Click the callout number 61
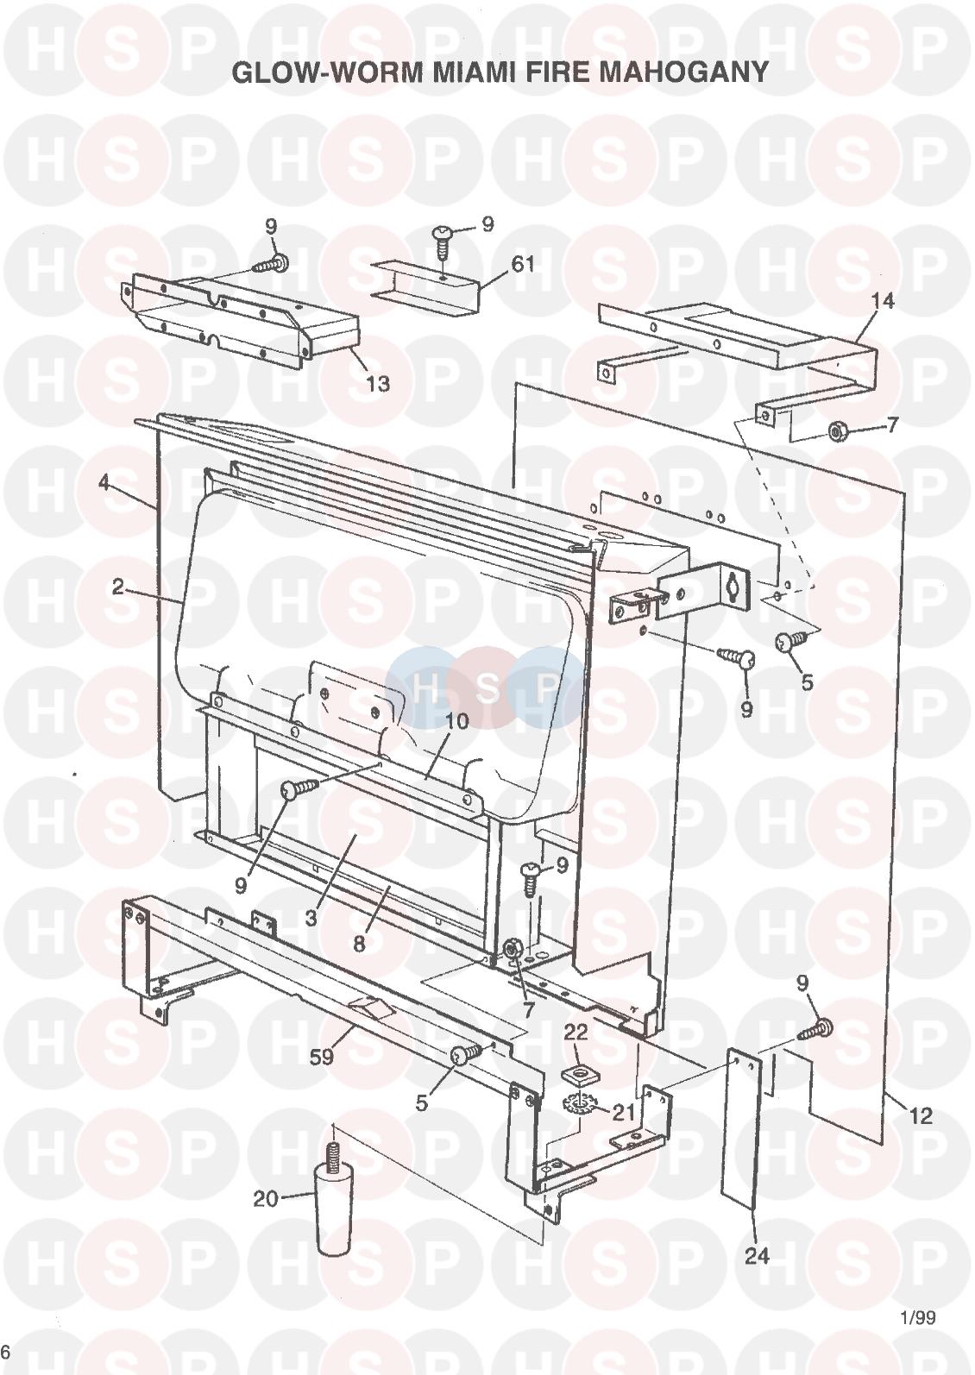coord(523,265)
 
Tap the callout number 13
coord(378,384)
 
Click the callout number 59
coord(321,1056)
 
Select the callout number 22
coord(576,1033)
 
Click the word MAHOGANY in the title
coord(683,72)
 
